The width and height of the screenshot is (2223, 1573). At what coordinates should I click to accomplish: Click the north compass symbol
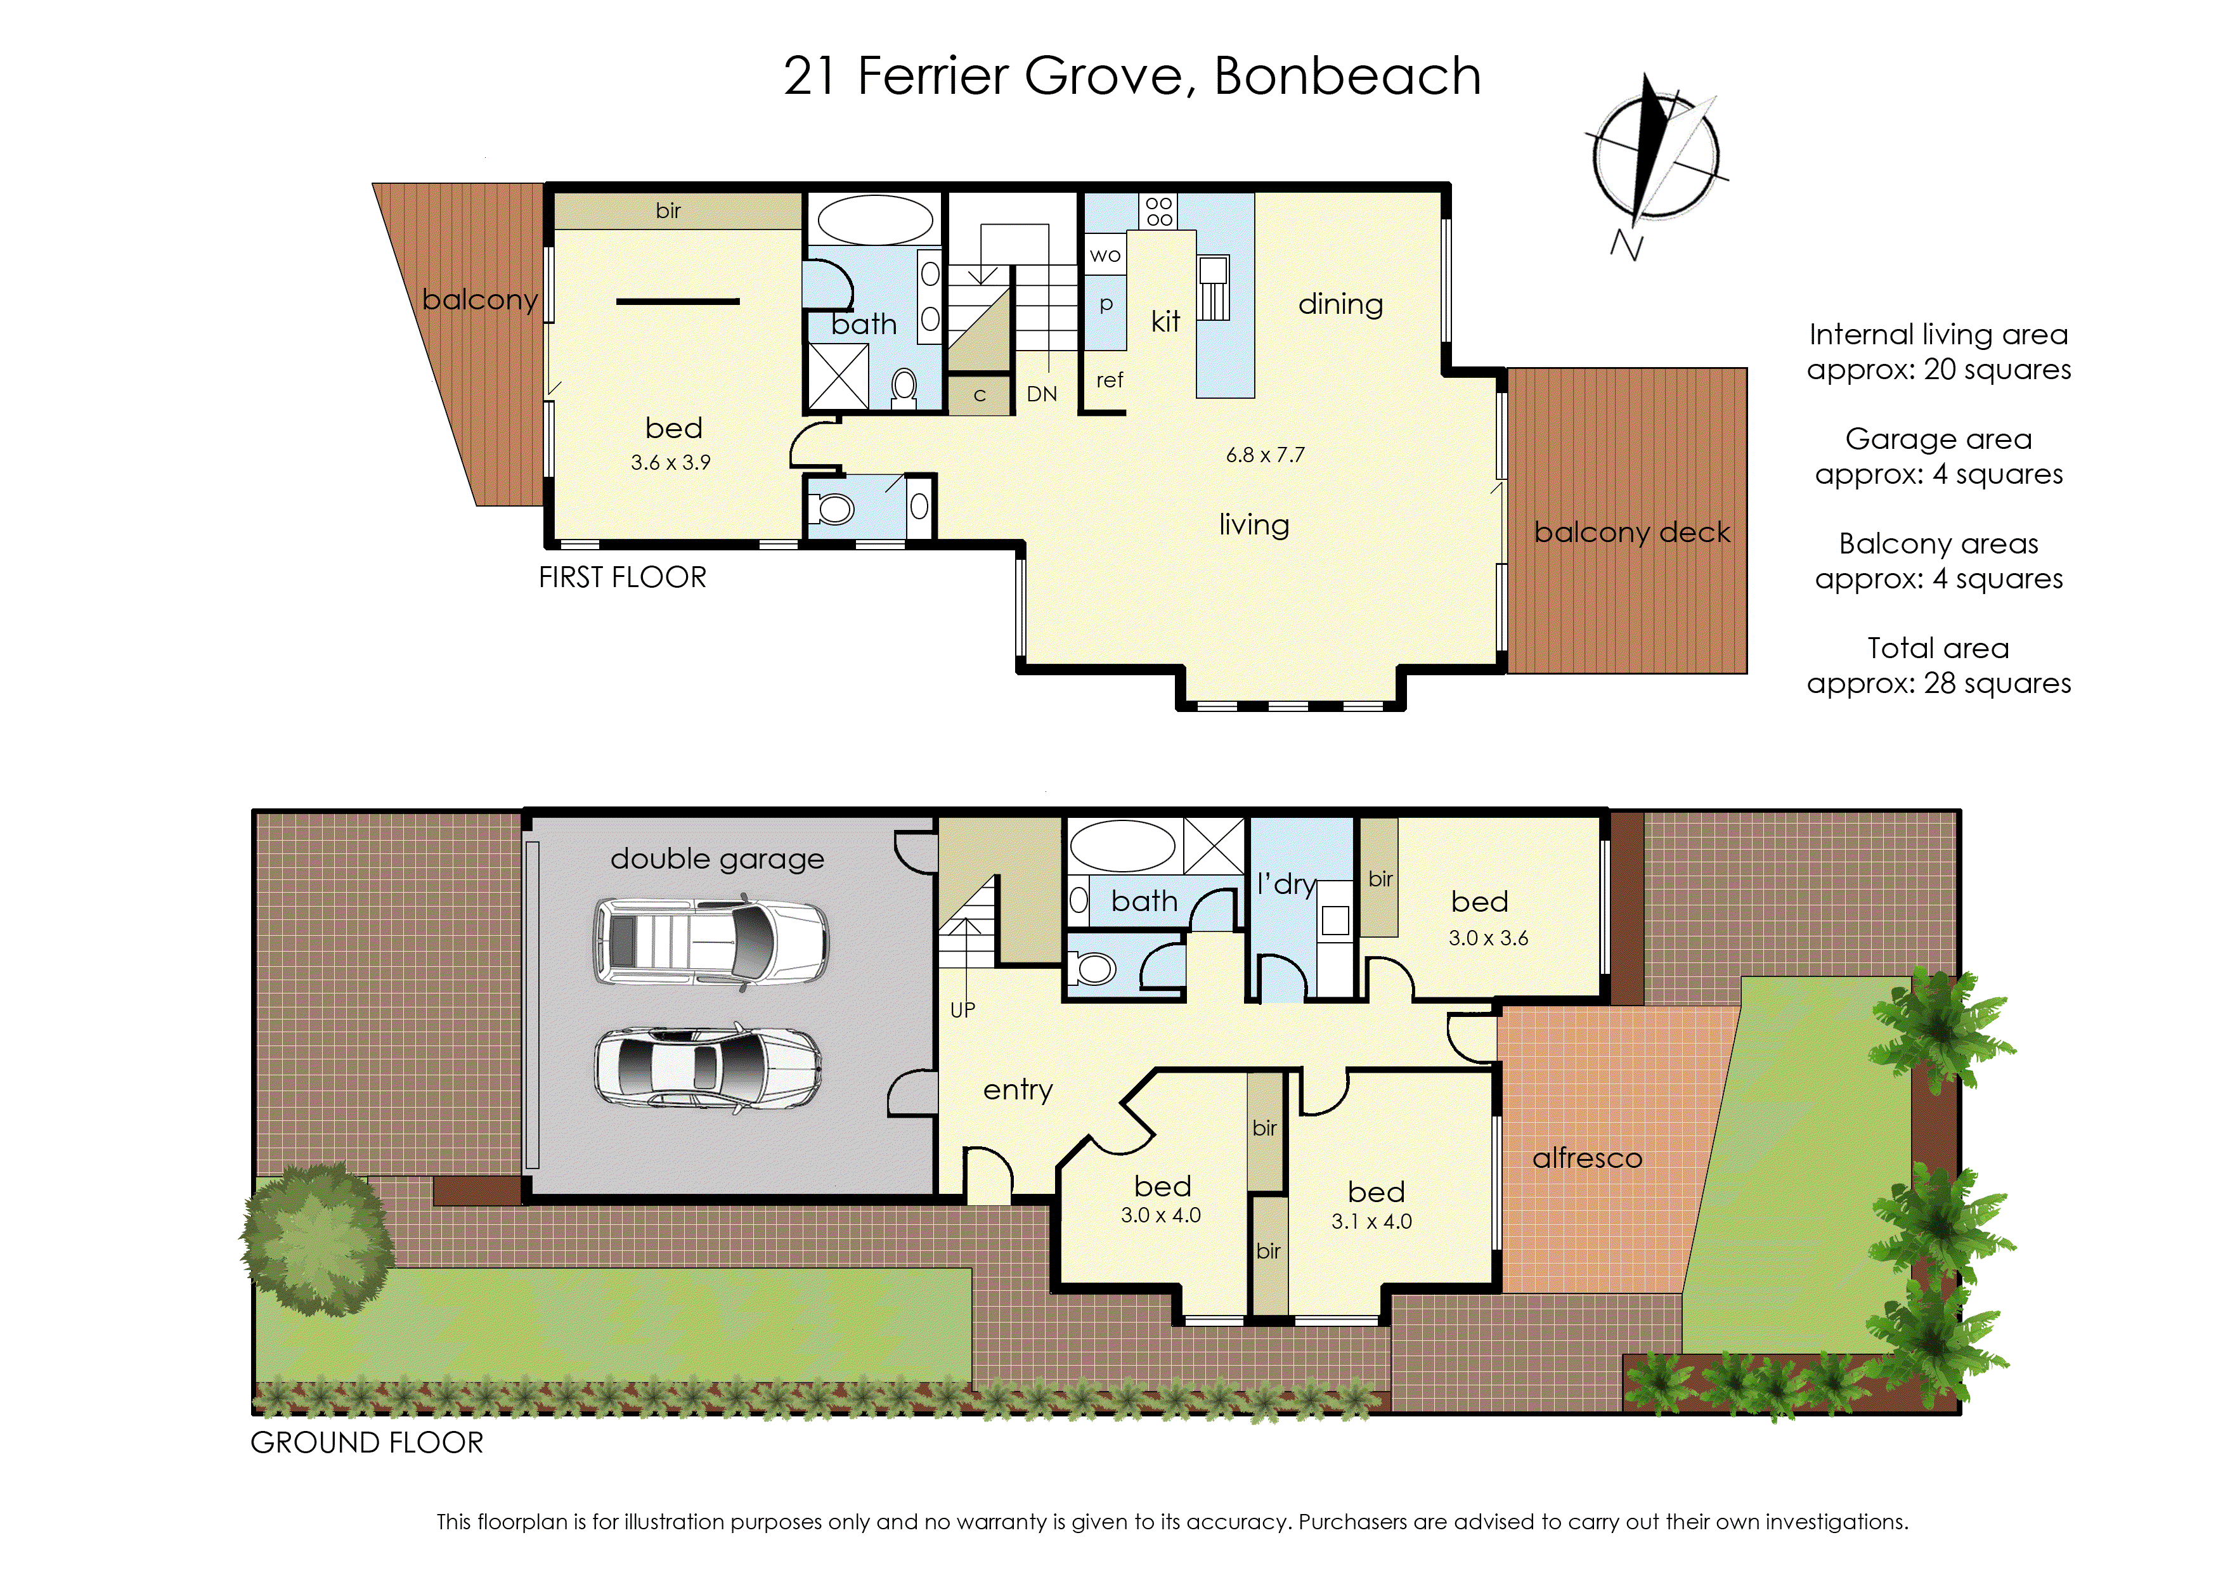tap(1654, 155)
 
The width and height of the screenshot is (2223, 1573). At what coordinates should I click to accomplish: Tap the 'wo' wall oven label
tap(1105, 256)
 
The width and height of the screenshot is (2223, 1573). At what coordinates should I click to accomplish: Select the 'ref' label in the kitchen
tap(1109, 380)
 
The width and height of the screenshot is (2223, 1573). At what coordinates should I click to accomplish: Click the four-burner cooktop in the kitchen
tap(1160, 211)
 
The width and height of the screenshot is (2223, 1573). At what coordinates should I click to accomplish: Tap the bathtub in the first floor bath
tap(874, 220)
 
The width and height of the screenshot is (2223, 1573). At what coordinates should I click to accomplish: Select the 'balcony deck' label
tap(1631, 533)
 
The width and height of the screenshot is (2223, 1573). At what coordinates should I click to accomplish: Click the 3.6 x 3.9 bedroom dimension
tap(670, 463)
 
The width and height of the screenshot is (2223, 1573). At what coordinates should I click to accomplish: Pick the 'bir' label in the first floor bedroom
tap(668, 211)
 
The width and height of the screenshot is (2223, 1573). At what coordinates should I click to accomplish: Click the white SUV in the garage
tap(711, 942)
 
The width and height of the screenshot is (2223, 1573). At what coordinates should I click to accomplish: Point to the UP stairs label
tap(962, 1010)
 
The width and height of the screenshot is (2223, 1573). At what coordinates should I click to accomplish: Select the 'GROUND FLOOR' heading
tap(366, 1443)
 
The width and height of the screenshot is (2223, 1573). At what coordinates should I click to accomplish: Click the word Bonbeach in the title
tap(1347, 77)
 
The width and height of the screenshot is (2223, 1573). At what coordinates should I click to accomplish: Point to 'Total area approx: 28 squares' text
tap(1938, 666)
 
